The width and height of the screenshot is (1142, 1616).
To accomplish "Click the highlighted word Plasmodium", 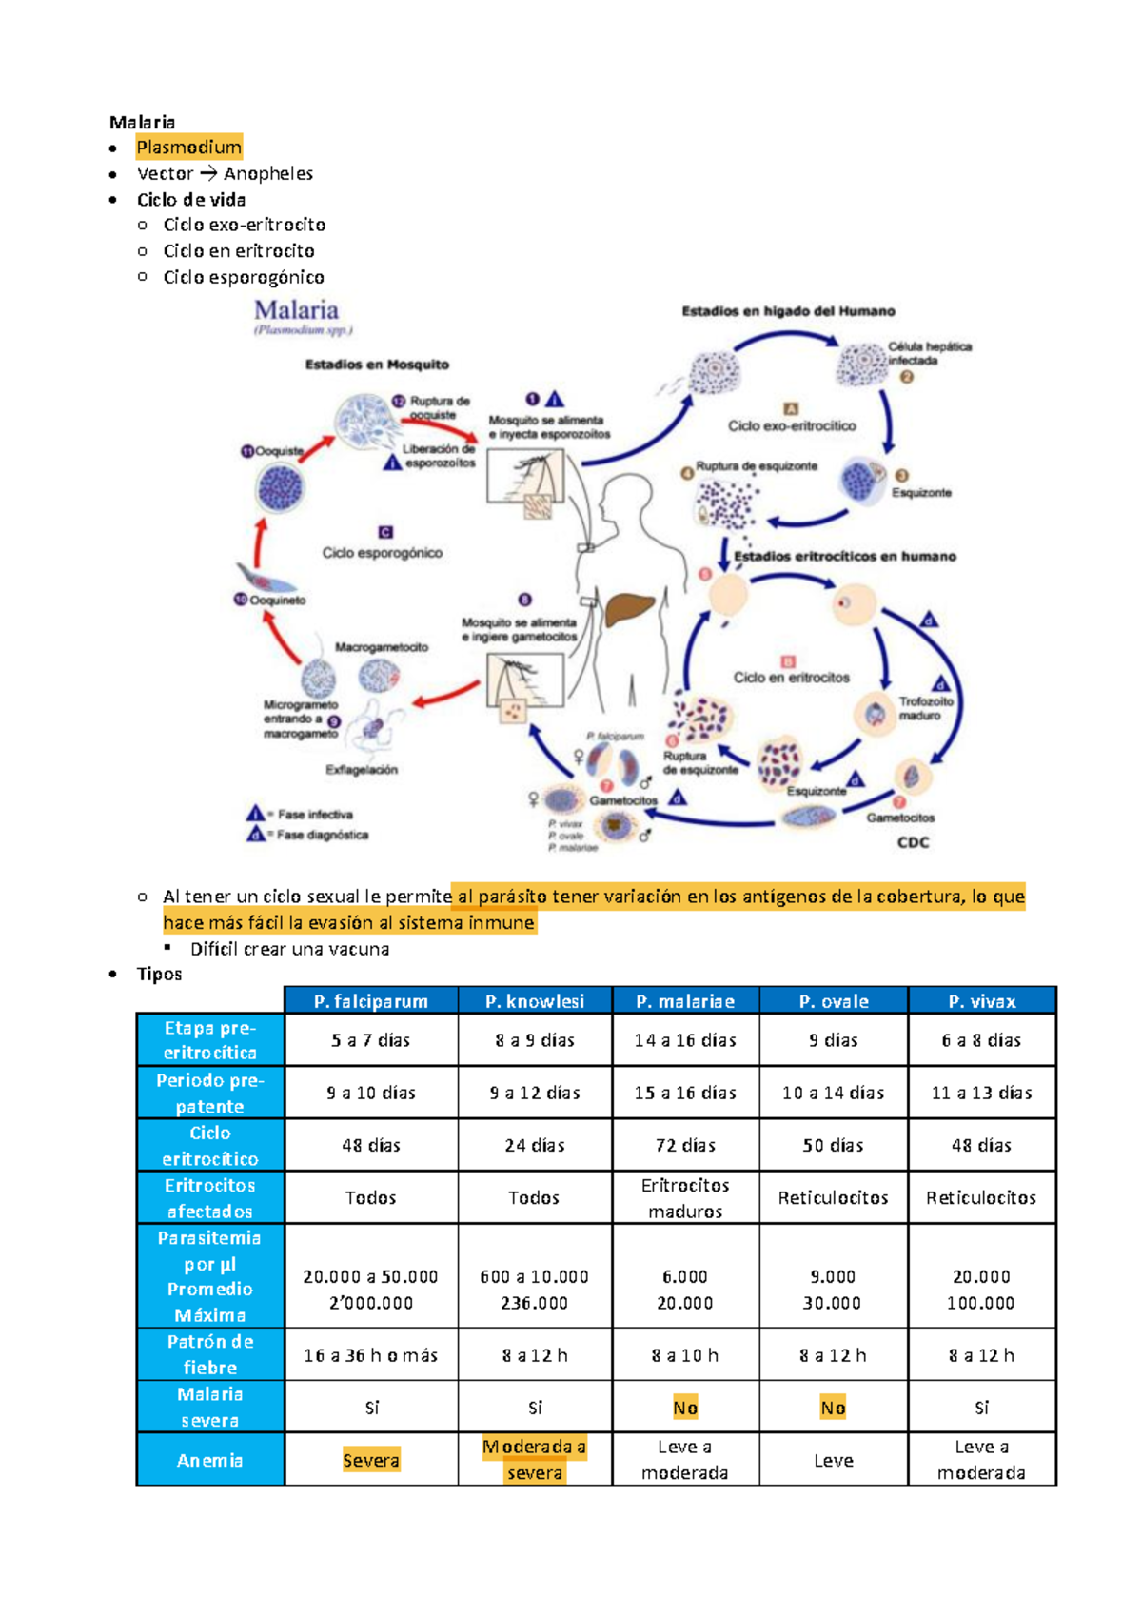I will coord(188,147).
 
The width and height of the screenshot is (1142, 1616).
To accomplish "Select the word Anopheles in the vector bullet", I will coord(267,173).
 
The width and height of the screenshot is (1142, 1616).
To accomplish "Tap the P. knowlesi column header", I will coord(534,1001).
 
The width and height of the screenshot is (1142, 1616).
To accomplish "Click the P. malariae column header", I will coord(685,1001).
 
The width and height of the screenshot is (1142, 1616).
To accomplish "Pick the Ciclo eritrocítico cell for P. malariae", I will coord(685,1145).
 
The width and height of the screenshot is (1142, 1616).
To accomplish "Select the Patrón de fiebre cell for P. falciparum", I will coord(370,1355).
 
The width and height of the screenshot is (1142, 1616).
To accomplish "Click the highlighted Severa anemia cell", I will coord(370,1460).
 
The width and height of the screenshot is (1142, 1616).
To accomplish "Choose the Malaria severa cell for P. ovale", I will coord(833,1408).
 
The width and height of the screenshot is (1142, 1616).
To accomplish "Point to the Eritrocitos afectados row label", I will coord(210,1197).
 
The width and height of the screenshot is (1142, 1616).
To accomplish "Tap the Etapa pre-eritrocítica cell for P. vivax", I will coord(981,1040).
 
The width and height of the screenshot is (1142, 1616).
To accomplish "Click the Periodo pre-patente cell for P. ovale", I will coord(833,1093).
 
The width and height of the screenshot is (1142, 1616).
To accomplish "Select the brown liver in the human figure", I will coord(630,609).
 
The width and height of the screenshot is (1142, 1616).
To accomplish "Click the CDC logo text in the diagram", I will coord(913,842).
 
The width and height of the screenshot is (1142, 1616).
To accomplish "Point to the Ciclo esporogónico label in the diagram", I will coord(382,552).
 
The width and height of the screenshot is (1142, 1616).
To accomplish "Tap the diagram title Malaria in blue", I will coord(296,310).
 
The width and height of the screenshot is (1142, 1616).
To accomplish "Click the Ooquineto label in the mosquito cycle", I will coord(277,601).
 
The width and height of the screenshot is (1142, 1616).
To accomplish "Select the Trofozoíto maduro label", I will coord(925,708).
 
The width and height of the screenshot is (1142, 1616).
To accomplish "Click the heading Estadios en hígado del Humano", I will coord(788,311).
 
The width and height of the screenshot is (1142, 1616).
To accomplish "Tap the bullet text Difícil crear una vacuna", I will coord(289,949).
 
